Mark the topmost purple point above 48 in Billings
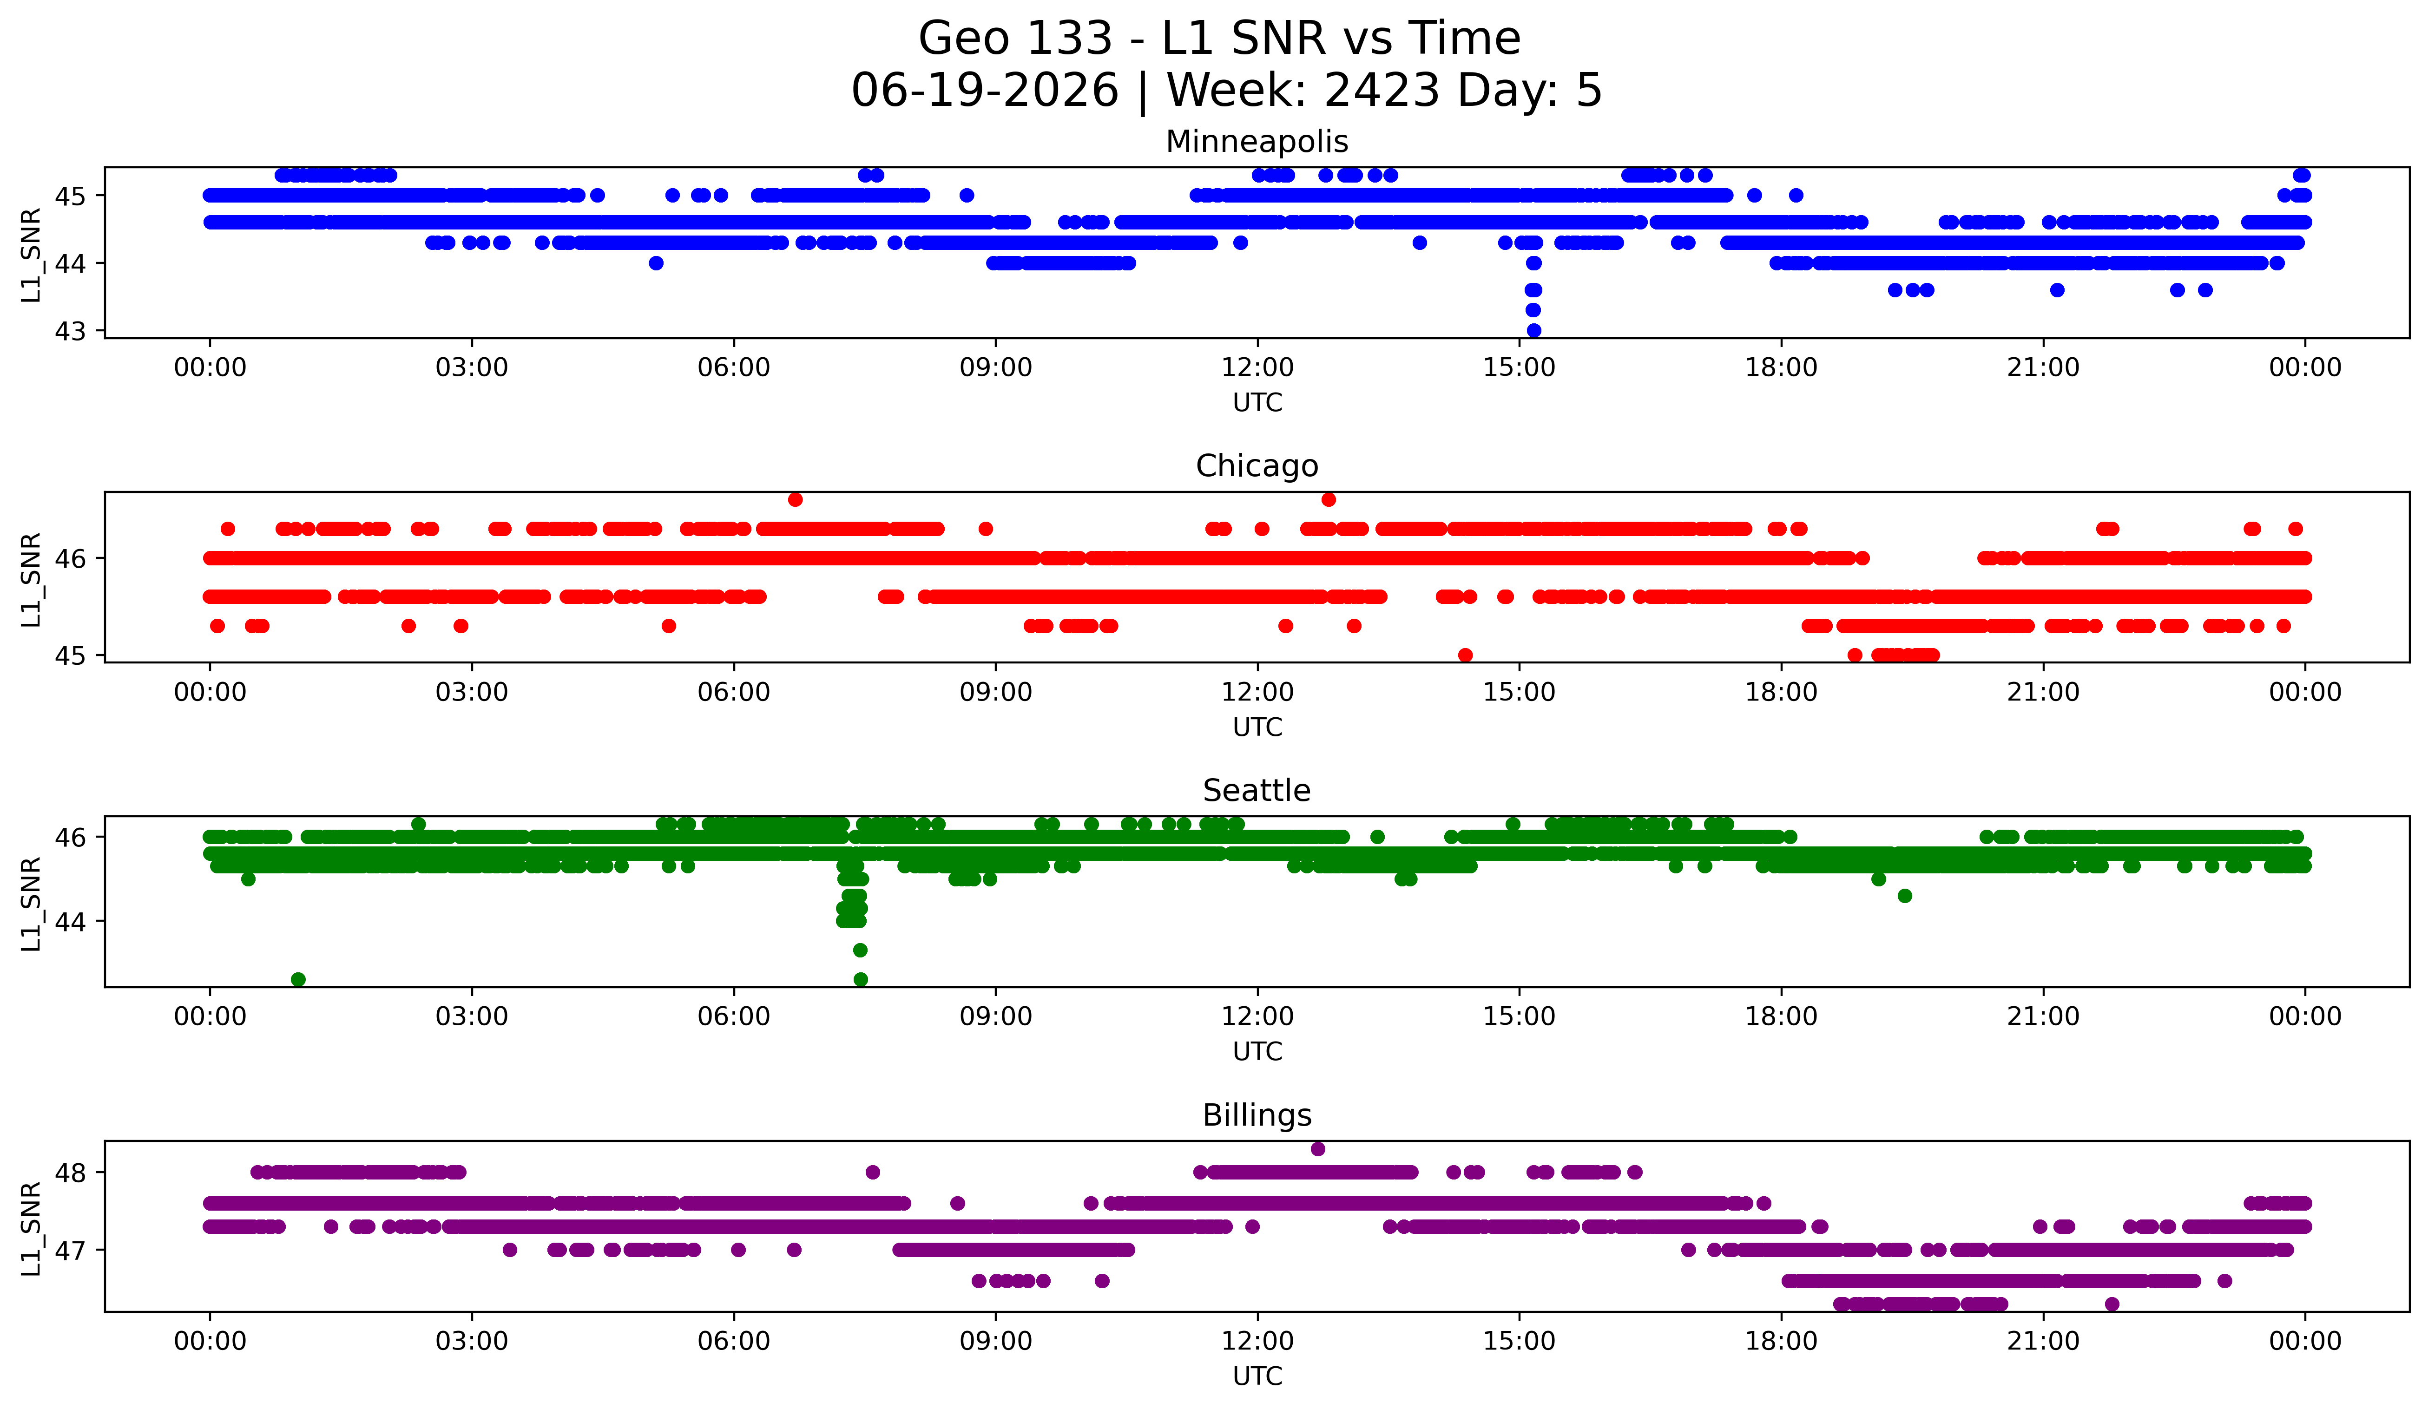coord(1318,1149)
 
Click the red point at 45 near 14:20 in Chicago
coord(1466,655)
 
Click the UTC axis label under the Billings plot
coord(1257,1376)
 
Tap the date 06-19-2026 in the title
coord(985,91)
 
